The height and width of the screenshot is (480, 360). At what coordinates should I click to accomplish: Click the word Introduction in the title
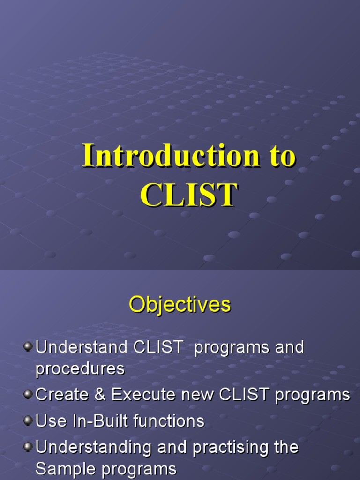pos(171,156)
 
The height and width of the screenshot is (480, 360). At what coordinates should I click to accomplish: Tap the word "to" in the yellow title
pos(280,156)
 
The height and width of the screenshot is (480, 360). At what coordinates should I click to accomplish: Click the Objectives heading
pos(180,305)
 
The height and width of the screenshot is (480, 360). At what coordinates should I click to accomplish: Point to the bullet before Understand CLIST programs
pos(29,347)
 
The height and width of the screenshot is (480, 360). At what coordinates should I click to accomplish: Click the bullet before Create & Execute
pos(29,395)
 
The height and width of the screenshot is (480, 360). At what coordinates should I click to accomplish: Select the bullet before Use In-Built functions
pos(29,420)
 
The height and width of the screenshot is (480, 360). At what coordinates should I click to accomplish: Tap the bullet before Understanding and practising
pos(29,446)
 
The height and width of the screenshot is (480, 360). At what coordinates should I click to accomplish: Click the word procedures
pos(80,369)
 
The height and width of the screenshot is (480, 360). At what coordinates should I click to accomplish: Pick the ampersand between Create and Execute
pos(99,395)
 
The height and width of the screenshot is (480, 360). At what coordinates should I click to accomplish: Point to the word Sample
pos(66,468)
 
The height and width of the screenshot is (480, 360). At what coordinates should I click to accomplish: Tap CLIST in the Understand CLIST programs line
pos(158,347)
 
